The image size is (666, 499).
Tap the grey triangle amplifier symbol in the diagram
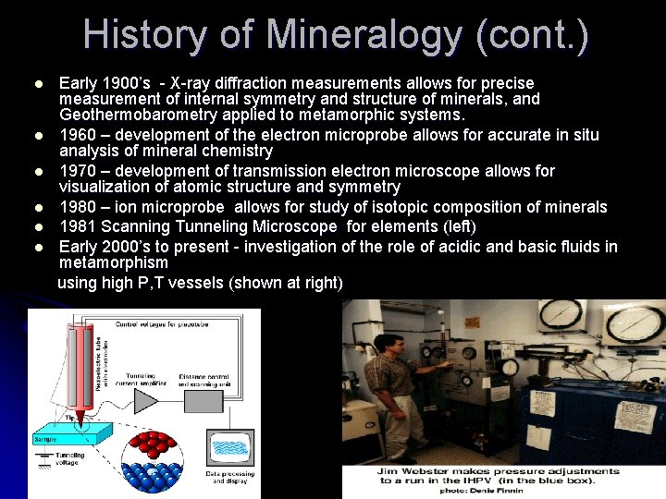(x=147, y=399)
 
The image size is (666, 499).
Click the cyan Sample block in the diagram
(x=60, y=439)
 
